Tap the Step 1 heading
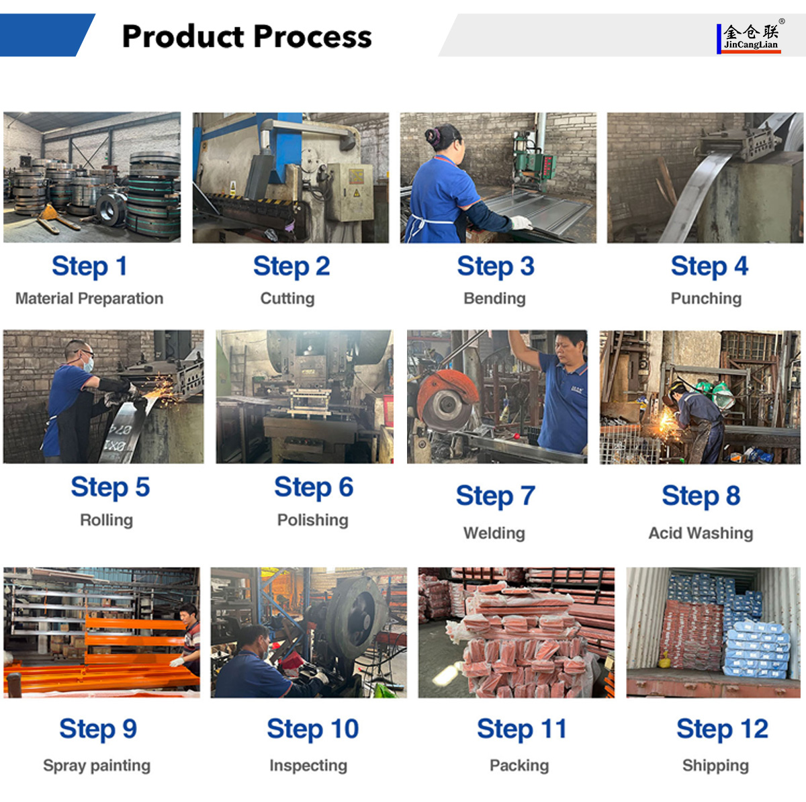89,266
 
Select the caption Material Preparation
89,298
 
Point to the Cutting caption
287,298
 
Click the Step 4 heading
709,266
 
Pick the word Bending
494,298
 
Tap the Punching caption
706,298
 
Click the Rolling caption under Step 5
107,520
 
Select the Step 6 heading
314,487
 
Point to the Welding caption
494,533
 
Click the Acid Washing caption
701,533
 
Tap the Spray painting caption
97,765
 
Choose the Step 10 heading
313,729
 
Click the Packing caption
519,765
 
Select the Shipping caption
715,765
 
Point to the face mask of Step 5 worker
88,364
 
